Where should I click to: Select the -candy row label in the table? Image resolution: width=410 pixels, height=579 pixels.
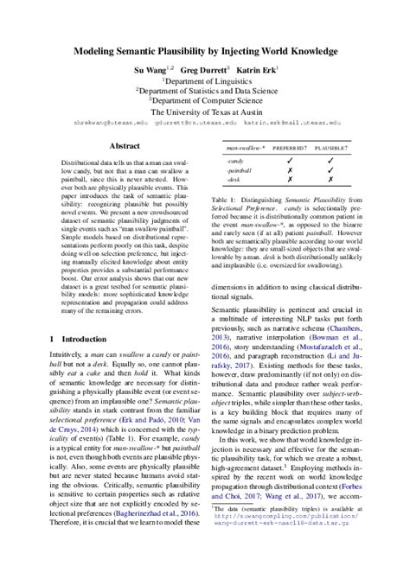pyautogui.click(x=236, y=162)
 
